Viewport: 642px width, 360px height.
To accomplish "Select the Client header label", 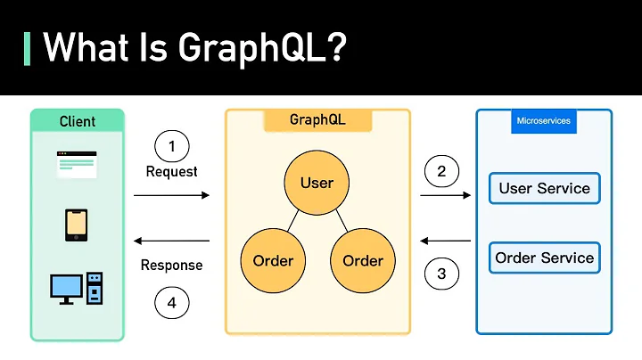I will [78, 121].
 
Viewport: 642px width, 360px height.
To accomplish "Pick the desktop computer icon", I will [77, 288].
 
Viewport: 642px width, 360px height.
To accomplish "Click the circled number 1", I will [172, 145].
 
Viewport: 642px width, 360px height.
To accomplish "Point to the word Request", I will [172, 171].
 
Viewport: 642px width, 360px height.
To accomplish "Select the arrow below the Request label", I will [172, 194].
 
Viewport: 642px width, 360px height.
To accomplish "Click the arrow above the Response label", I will [172, 241].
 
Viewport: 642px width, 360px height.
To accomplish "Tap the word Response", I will [172, 265].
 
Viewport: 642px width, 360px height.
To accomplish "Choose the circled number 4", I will [172, 303].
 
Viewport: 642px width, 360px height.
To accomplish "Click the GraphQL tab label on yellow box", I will [317, 119].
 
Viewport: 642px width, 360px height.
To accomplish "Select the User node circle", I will [317, 183].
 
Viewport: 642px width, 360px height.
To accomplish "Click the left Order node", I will [272, 261].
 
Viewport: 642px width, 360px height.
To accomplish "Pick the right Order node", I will [362, 261].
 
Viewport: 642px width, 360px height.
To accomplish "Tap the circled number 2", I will [441, 171].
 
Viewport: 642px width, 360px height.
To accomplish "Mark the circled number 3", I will [441, 274].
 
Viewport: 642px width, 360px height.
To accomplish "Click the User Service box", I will [544, 188].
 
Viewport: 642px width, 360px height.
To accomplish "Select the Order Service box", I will [544, 258].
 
